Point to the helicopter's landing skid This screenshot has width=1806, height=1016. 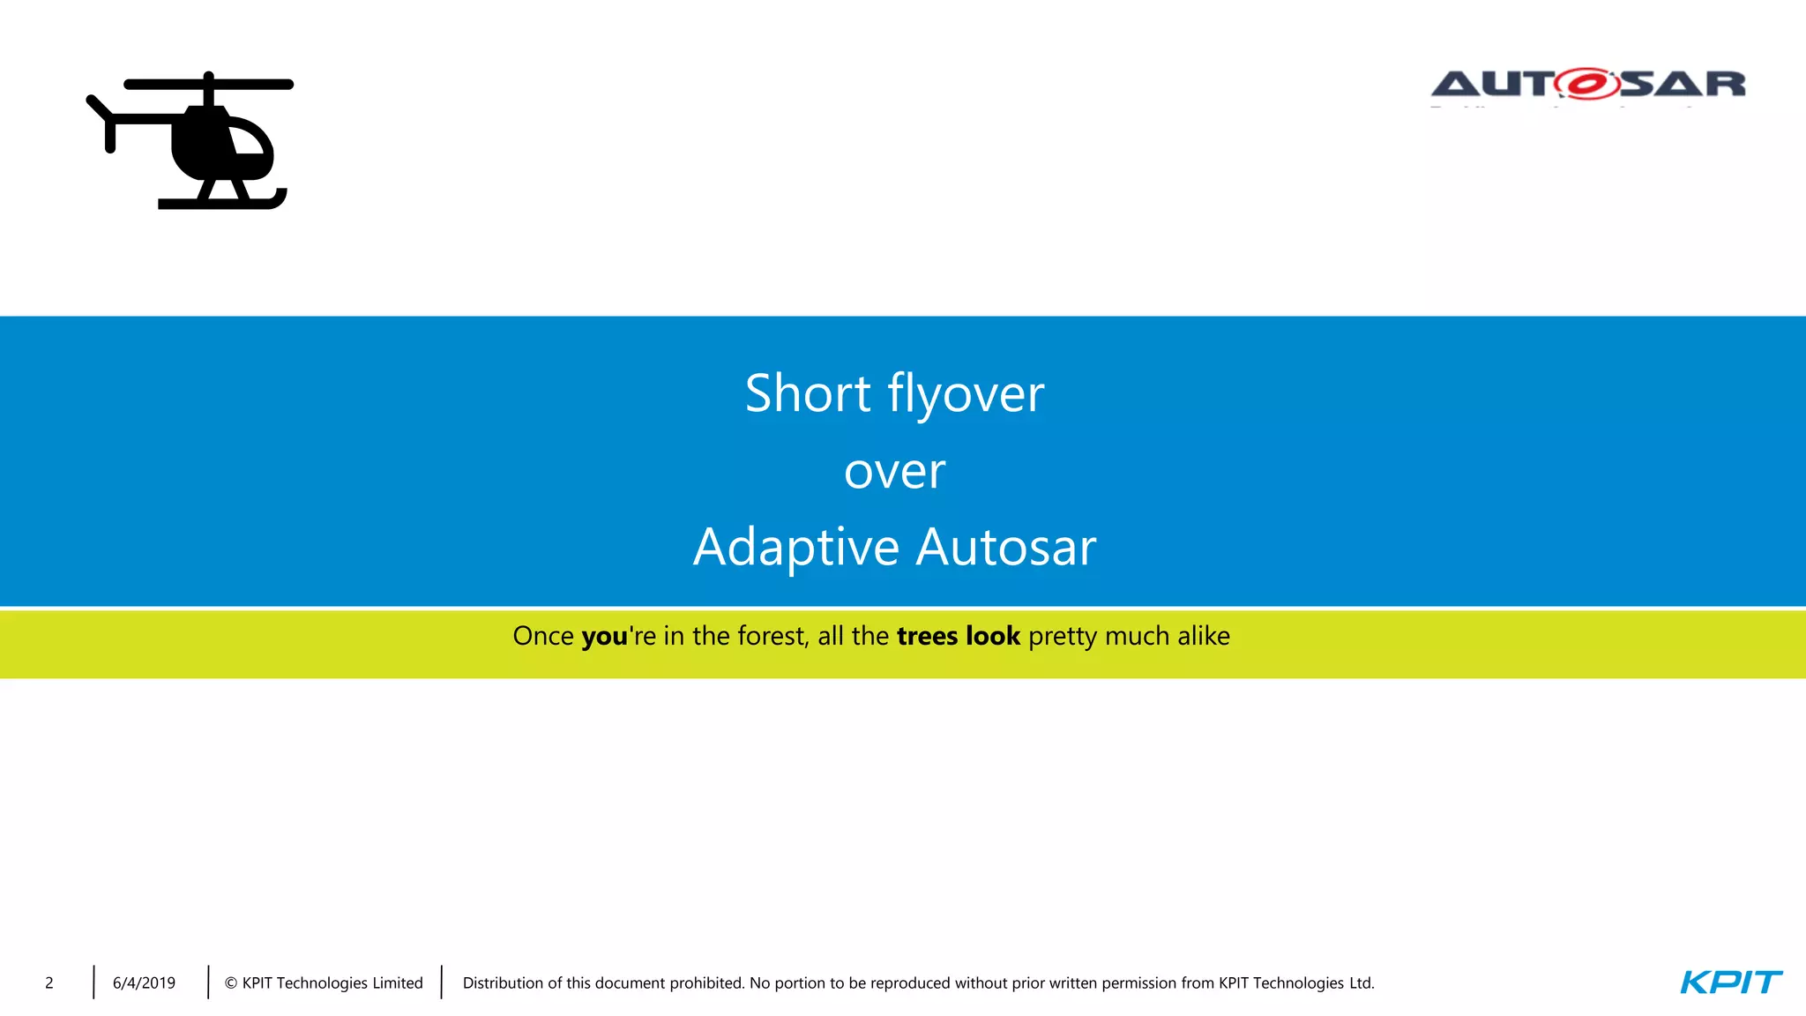tap(220, 202)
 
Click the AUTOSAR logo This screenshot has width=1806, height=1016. tap(1587, 85)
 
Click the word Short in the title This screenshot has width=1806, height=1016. tap(808, 393)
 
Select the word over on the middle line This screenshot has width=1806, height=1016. tap(894, 472)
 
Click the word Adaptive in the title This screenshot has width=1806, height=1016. tap(795, 548)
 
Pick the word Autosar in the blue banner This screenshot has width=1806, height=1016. tap(1006, 548)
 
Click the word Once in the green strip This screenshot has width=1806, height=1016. tap(543, 636)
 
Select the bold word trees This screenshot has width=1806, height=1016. tap(927, 636)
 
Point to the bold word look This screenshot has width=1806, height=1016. tap(993, 636)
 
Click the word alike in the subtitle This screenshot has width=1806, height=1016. tap(1204, 636)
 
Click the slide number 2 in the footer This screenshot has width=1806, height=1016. tap(49, 982)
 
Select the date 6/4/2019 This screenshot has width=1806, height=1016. tap(144, 982)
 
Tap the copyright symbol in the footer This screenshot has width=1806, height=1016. tap(231, 983)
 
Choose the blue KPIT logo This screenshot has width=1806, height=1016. tap(1730, 982)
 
